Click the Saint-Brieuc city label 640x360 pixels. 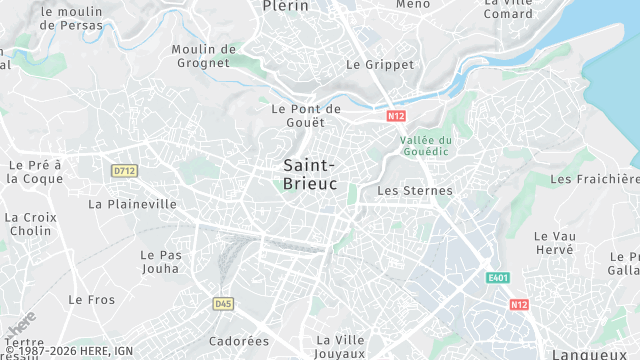(310, 175)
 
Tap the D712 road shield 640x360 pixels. (124, 171)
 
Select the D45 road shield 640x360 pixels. (223, 303)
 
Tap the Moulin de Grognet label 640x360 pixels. (203, 56)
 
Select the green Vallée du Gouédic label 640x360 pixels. (426, 146)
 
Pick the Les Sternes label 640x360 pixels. (415, 190)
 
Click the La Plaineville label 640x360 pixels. (132, 204)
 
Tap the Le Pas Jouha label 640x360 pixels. (161, 261)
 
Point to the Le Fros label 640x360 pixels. (91, 299)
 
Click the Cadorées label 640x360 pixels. (239, 341)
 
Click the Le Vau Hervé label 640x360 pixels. (554, 243)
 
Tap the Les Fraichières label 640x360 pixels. (594, 179)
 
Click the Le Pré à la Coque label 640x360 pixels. (35, 171)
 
